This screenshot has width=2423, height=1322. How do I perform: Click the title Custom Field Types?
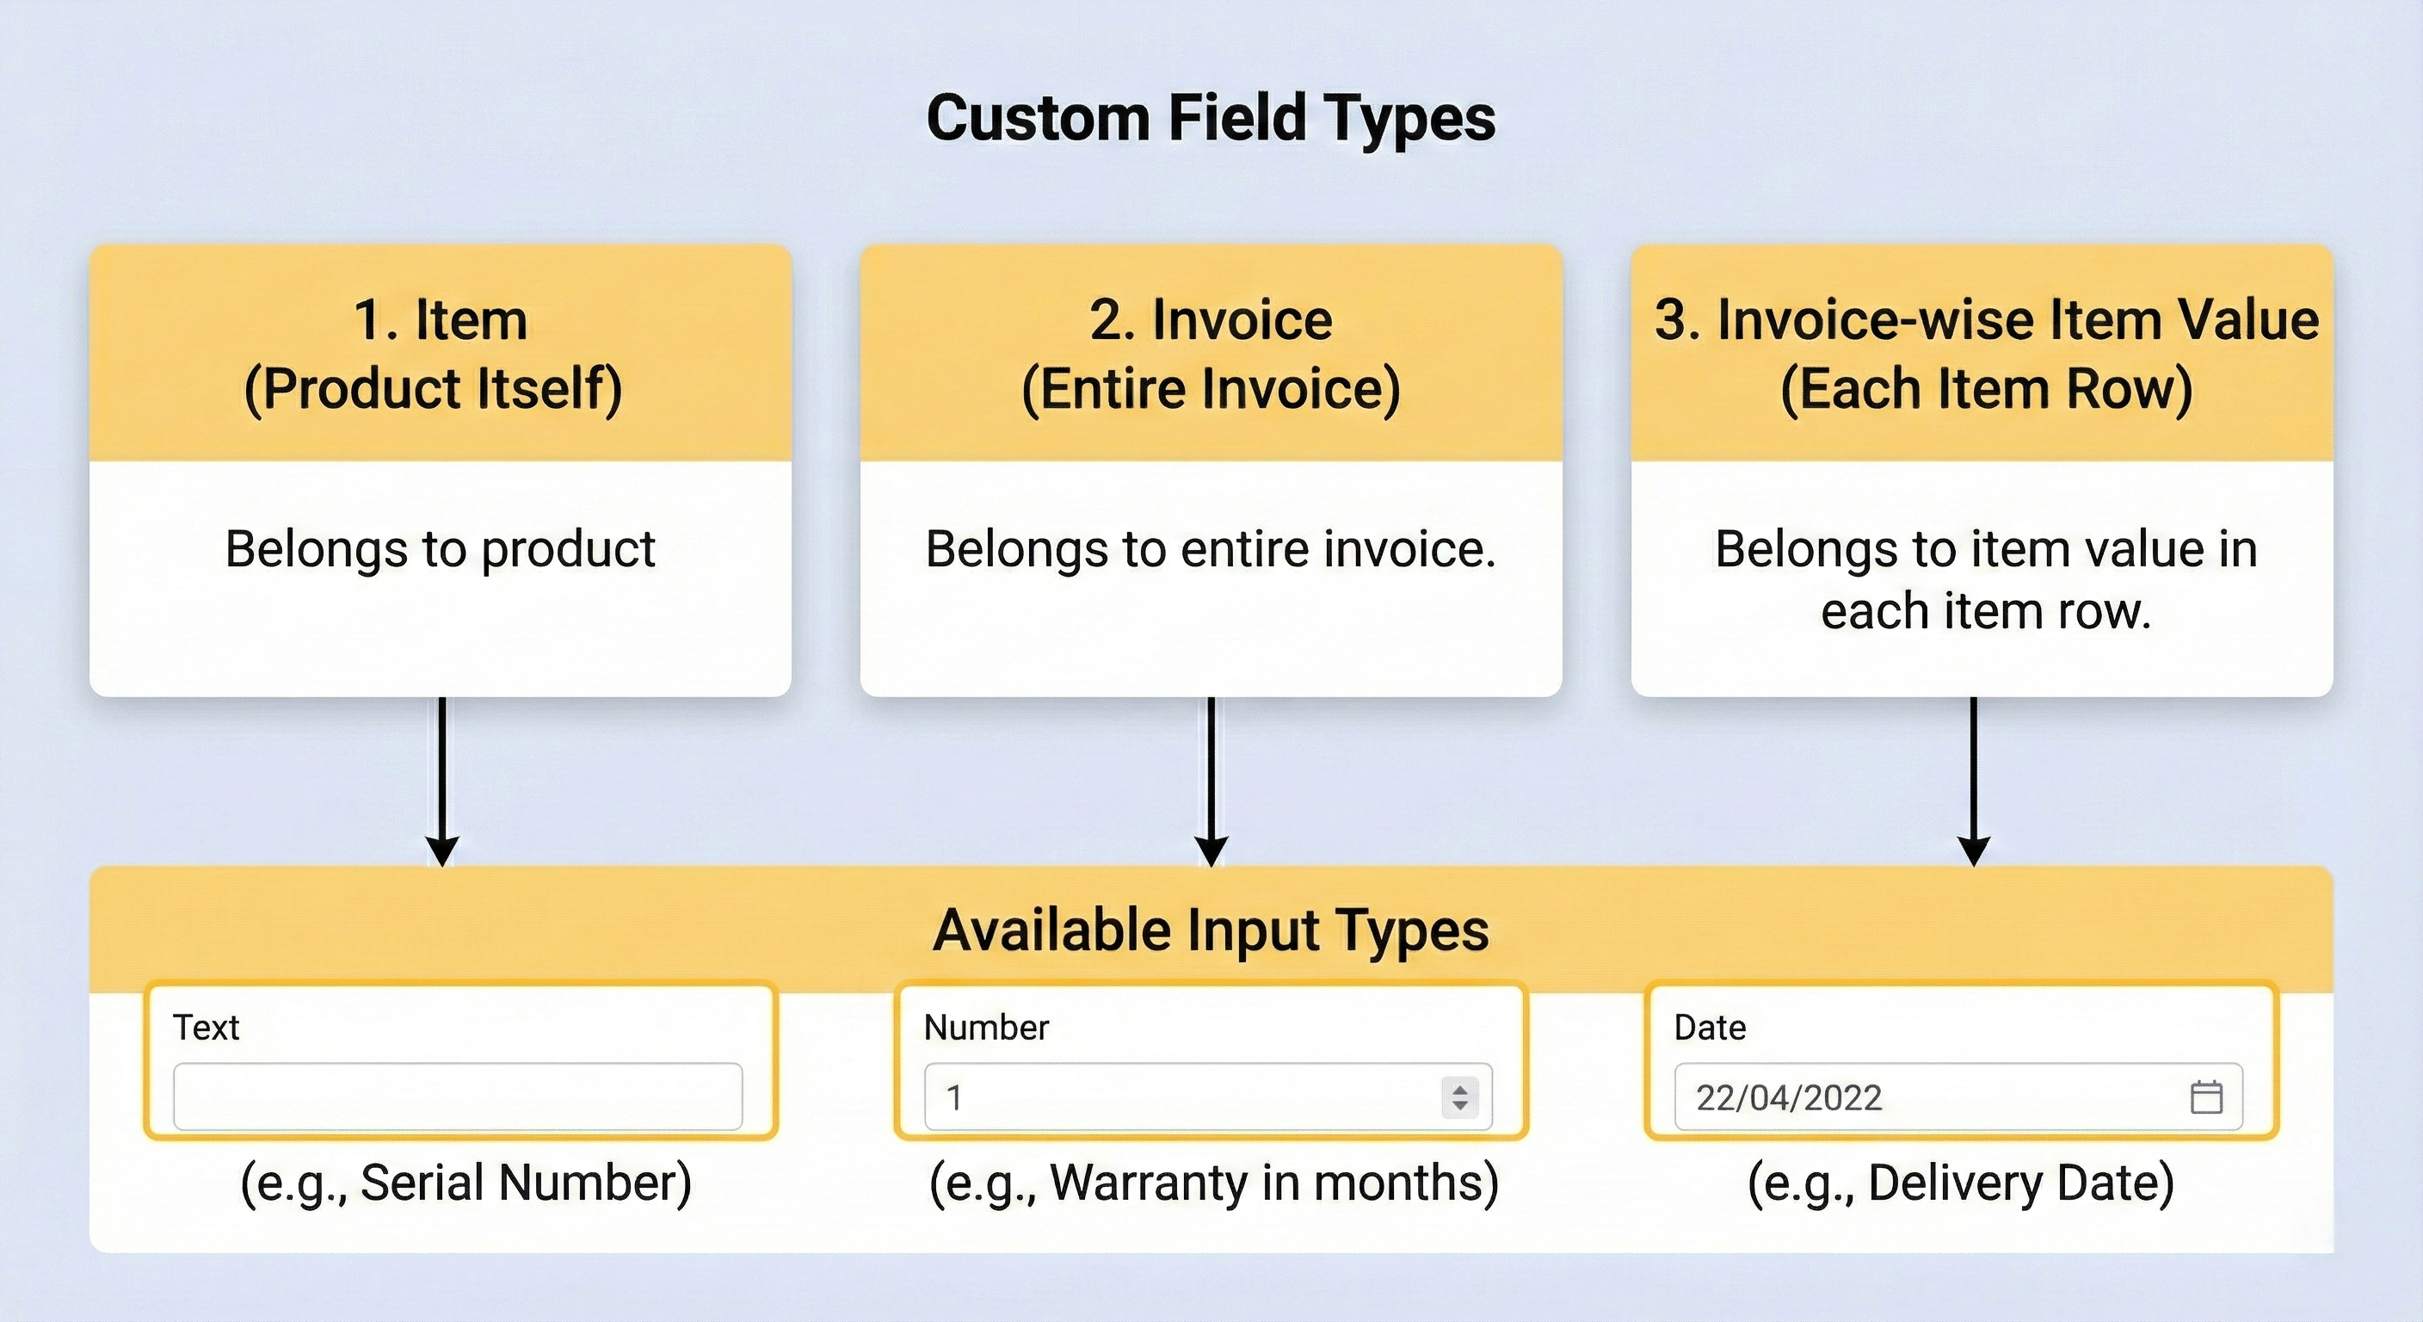tap(1211, 119)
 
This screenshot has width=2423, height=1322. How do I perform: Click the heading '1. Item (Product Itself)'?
tap(440, 354)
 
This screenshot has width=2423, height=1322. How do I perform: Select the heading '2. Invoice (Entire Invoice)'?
tap(1211, 354)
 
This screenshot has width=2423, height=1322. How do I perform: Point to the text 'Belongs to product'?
tap(440, 548)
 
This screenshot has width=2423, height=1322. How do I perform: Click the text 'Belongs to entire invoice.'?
tap(1211, 548)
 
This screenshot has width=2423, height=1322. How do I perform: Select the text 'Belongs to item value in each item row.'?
tap(1986, 579)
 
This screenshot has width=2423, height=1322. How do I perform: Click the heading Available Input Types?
tap(1211, 930)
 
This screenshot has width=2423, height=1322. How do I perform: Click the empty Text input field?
tap(457, 1097)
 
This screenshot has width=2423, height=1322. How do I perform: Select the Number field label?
tap(986, 1028)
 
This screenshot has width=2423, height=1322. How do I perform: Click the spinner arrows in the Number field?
tap(1460, 1097)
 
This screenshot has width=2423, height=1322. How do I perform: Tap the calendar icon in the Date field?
tap(2205, 1097)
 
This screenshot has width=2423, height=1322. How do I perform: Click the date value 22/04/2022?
tap(1788, 1098)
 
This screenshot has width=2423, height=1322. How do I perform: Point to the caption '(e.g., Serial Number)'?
tap(465, 1183)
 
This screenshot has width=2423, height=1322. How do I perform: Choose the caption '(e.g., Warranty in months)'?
tap(1213, 1183)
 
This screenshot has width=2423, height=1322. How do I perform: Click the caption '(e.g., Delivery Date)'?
tap(1961, 1183)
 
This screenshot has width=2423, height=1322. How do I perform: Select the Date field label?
tap(1709, 1028)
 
